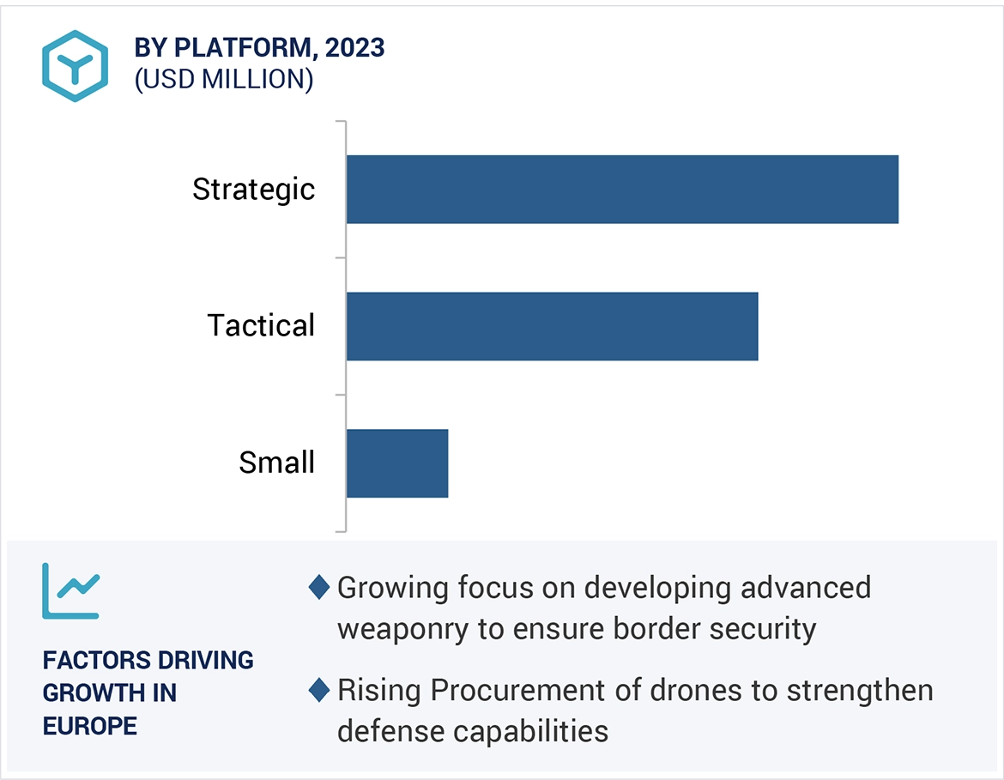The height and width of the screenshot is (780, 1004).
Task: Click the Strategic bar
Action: tap(622, 190)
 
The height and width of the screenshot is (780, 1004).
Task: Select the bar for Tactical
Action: tap(552, 326)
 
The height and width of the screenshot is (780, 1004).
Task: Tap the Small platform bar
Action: tap(397, 463)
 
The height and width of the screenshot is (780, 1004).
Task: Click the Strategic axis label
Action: tap(254, 190)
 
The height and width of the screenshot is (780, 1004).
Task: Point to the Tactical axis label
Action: tap(262, 326)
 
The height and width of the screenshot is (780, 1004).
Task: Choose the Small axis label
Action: tap(277, 463)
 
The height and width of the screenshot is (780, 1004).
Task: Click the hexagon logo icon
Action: tap(76, 66)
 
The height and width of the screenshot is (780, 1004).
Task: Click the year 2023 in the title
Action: tap(354, 48)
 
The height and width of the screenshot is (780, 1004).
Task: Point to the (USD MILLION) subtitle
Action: tap(224, 79)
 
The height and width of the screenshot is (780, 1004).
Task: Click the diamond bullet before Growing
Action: tap(319, 588)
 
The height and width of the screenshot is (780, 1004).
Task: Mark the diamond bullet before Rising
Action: tap(319, 690)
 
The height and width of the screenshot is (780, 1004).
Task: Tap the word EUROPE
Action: tap(90, 726)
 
